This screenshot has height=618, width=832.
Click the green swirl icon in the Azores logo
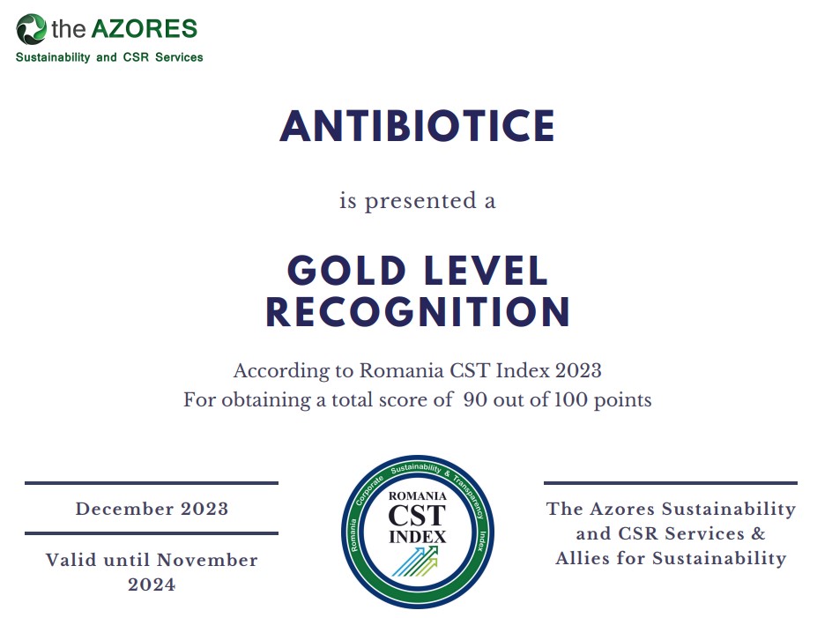tap(31, 29)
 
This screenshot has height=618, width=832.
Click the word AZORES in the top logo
tap(145, 29)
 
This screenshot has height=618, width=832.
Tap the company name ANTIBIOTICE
tap(417, 126)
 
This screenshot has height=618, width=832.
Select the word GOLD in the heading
tap(346, 271)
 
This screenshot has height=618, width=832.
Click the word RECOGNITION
tap(418, 312)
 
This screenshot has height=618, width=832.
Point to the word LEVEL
tap(486, 271)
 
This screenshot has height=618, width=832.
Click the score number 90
tap(475, 399)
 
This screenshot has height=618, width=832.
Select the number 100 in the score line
tap(570, 399)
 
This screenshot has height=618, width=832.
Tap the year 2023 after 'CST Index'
tap(578, 370)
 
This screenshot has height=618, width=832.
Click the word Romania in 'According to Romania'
tap(402, 370)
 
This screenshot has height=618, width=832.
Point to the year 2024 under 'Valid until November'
tap(152, 584)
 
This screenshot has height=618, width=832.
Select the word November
tap(207, 560)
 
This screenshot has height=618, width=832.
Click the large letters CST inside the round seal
tap(417, 516)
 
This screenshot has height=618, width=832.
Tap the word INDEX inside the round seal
tap(418, 537)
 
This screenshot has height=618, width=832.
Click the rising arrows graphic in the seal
tap(415, 562)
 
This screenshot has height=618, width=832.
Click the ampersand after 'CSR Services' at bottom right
tap(758, 533)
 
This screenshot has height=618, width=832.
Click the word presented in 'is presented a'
tap(420, 202)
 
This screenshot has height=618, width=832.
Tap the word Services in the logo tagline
tap(179, 57)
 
